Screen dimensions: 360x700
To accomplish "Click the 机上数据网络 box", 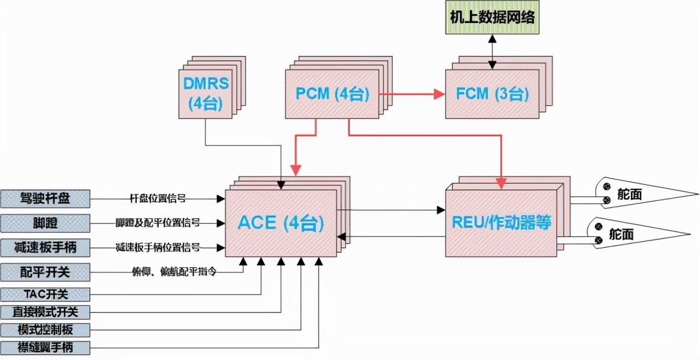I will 492,18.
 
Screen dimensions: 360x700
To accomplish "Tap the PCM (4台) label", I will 332,94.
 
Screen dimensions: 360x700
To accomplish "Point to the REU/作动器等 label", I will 501,223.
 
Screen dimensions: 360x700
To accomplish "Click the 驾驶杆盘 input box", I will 45,199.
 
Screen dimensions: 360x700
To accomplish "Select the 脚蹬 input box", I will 45,223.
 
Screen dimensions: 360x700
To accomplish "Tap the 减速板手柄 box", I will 45,247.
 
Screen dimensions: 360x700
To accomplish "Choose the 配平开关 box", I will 45,271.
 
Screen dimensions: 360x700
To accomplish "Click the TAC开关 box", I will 45,294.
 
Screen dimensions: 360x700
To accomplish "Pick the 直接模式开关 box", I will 45,312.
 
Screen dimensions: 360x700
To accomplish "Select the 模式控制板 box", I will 45,330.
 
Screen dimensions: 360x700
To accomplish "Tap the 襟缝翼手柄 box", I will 45,347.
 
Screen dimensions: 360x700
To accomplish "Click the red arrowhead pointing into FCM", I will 439,94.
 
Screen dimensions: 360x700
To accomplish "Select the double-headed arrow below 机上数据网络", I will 492,52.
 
